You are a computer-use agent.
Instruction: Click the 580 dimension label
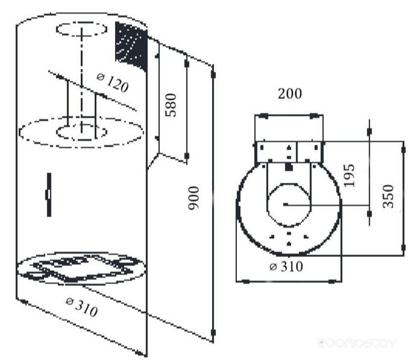[171, 105]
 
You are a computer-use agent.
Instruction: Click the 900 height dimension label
[194, 198]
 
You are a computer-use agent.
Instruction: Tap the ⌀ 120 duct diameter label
[113, 83]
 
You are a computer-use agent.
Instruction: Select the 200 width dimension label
[290, 94]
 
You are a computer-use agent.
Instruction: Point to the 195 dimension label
[349, 176]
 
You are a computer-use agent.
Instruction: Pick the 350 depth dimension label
[388, 196]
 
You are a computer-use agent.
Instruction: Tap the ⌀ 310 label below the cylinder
[82, 307]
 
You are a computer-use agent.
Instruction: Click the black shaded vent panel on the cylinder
[131, 47]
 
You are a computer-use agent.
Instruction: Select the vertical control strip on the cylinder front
[49, 195]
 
